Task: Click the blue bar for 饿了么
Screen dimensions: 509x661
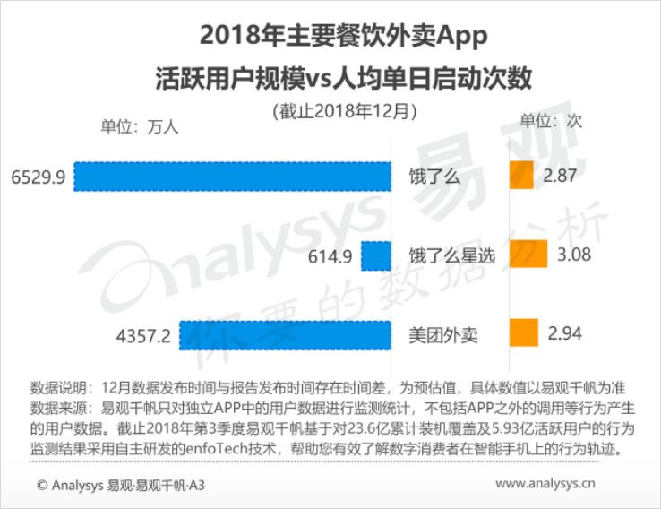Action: click(233, 177)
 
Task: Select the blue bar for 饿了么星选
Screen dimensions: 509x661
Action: click(376, 256)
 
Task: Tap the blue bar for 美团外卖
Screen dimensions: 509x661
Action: click(286, 335)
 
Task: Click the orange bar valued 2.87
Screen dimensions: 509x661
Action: click(521, 176)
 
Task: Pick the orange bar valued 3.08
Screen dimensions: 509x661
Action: click(528, 255)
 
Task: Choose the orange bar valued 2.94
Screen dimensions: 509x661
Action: click(523, 334)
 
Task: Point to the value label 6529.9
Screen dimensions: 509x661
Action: click(39, 177)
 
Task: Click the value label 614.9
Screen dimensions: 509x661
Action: click(328, 256)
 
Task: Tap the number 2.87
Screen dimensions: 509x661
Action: click(560, 177)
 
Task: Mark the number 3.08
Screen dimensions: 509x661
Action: click(574, 256)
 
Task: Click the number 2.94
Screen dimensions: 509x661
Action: click(565, 335)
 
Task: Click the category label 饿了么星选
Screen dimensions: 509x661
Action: click(452, 256)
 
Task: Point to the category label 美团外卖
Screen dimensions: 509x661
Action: click(442, 336)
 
